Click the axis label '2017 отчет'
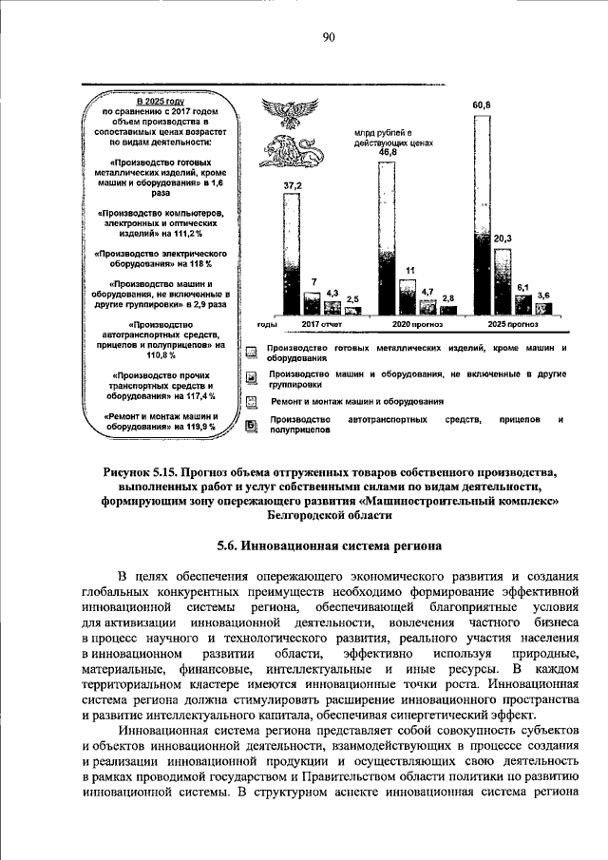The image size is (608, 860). click(x=321, y=324)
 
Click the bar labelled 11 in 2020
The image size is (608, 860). click(x=409, y=296)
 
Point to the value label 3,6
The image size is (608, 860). click(x=543, y=296)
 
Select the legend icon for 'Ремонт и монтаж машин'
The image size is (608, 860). click(x=252, y=401)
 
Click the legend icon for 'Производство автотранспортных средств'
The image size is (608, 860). click(x=252, y=424)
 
